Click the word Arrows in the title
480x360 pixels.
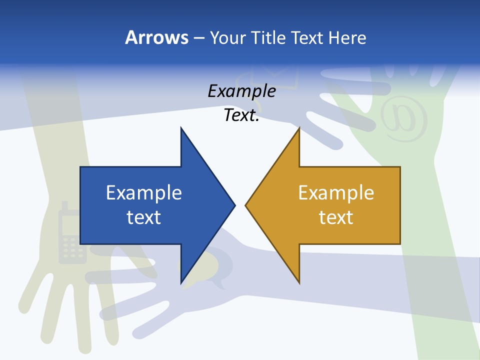(x=156, y=37)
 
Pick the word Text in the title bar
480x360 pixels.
(x=307, y=37)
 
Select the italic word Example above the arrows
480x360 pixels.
(x=242, y=91)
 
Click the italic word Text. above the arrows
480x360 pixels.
(x=242, y=115)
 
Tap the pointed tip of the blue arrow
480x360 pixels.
(x=234, y=205)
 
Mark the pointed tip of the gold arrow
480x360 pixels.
(x=246, y=205)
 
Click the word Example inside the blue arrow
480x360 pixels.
(x=144, y=193)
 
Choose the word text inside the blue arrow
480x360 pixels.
(x=144, y=217)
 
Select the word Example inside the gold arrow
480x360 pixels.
(x=336, y=193)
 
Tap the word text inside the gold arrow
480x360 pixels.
(x=336, y=217)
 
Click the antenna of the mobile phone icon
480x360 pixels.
(x=64, y=206)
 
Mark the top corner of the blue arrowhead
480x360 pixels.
(x=181, y=128)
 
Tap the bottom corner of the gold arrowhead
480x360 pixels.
(x=299, y=283)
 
